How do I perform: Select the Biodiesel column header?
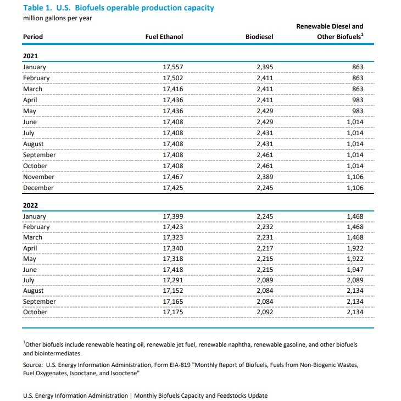pyautogui.click(x=259, y=37)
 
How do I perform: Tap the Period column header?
pyautogui.click(x=32, y=37)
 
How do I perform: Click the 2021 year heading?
pyautogui.click(x=30, y=56)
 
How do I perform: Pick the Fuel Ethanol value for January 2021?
pyautogui.click(x=174, y=67)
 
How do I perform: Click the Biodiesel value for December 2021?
pyautogui.click(x=265, y=188)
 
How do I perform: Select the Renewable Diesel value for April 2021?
pyautogui.click(x=355, y=100)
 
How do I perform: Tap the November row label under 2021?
pyautogui.click(x=38, y=177)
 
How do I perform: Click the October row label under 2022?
pyautogui.click(x=35, y=312)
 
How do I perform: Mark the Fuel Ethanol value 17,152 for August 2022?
pyautogui.click(x=174, y=291)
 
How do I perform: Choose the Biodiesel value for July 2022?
pyautogui.click(x=265, y=280)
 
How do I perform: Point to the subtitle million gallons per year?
pyautogui.click(x=57, y=18)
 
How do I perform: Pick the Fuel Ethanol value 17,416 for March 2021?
pyautogui.click(x=174, y=89)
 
